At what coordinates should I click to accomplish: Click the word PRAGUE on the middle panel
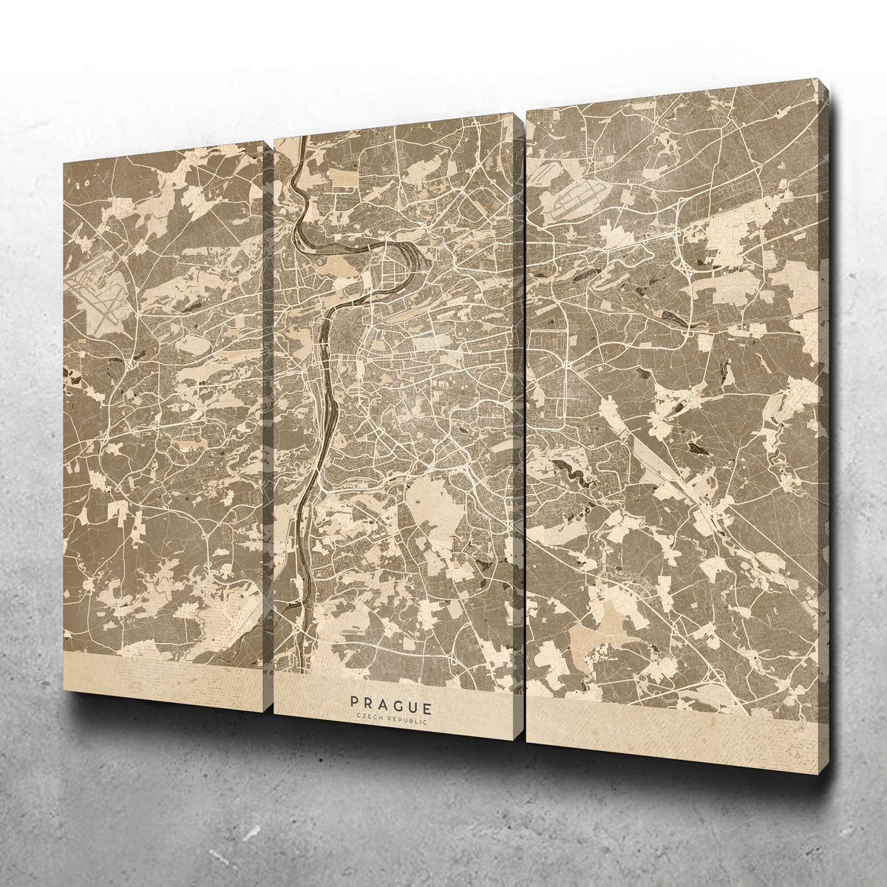392,701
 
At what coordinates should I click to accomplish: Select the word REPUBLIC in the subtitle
409,719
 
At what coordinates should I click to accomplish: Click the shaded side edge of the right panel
823,429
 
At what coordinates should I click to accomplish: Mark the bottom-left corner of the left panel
64,690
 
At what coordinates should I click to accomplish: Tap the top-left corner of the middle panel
276,139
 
